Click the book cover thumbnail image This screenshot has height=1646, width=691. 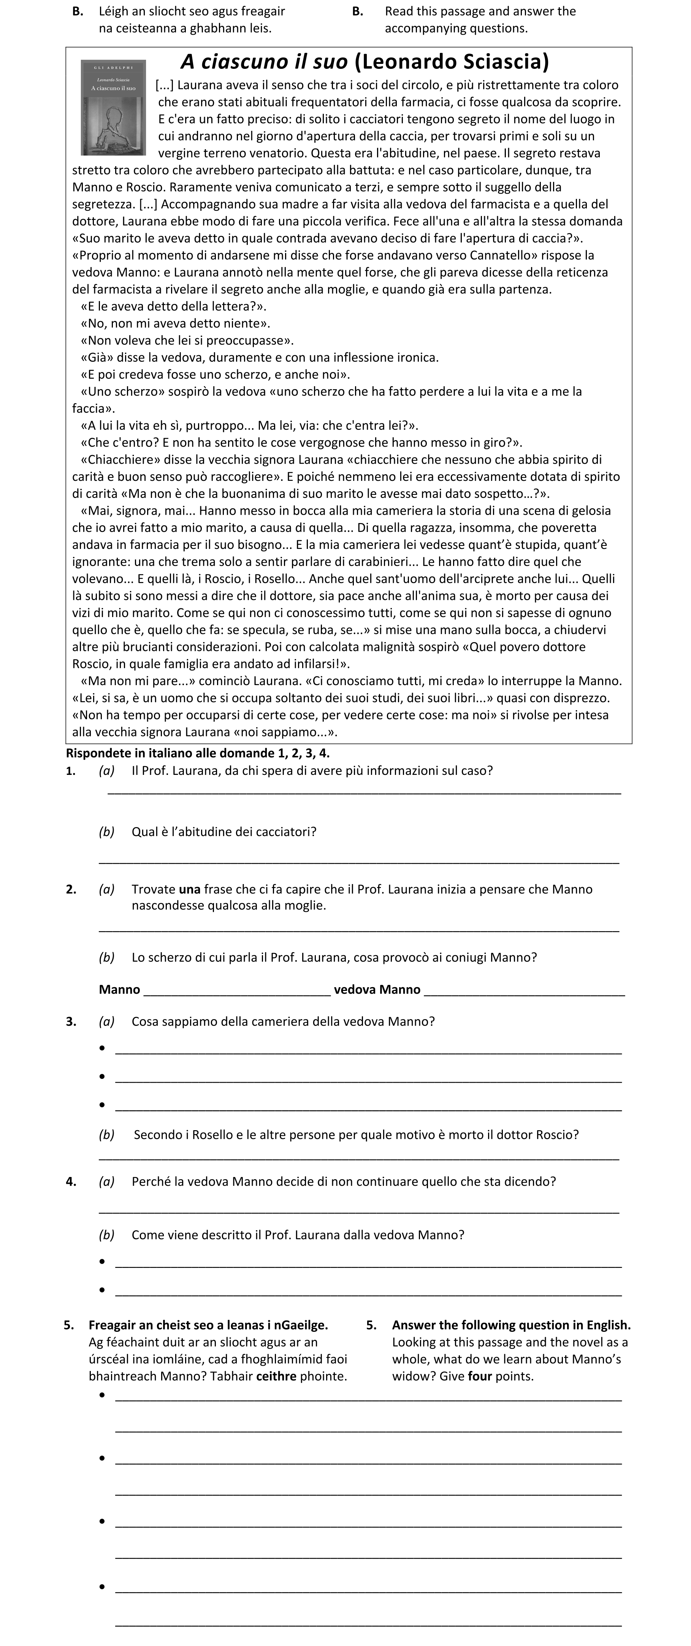click(113, 107)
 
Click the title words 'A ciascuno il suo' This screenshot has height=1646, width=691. click(265, 62)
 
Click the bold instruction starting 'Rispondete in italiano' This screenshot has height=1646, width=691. click(198, 753)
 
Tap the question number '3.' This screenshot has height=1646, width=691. click(71, 1022)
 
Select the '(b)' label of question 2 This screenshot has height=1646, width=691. click(107, 957)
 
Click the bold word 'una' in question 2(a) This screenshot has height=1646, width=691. click(190, 889)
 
